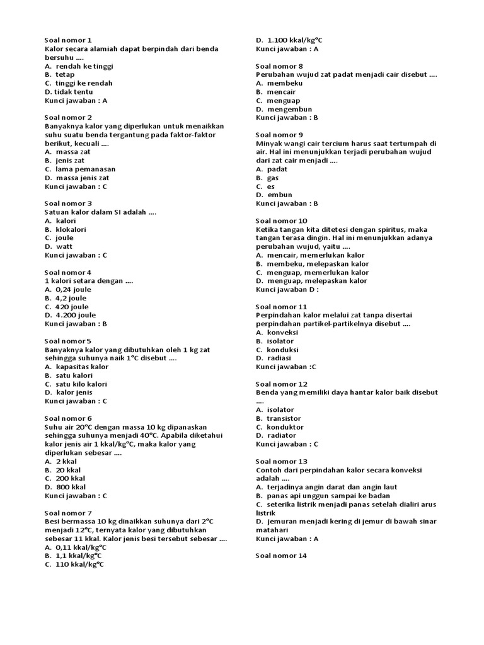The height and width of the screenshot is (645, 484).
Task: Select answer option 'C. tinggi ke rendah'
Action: tap(79, 83)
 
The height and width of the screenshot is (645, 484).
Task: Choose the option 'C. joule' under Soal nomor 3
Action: tap(59, 238)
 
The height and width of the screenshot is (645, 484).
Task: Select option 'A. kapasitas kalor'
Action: tap(76, 367)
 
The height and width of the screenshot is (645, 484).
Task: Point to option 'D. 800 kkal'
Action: tap(66, 487)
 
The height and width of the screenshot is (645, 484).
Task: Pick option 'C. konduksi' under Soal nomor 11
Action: tap(277, 350)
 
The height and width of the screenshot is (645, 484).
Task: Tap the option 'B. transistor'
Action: tap(279, 418)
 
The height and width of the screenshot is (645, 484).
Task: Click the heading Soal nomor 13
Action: tap(282, 461)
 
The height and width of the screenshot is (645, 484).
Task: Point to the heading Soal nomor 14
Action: tap(282, 556)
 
